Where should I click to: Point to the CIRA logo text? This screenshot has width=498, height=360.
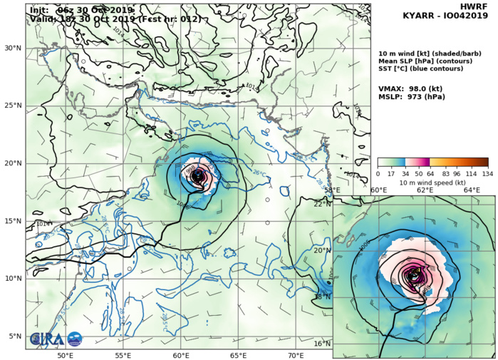pos(45,339)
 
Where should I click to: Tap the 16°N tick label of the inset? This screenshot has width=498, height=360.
pos(323,344)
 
